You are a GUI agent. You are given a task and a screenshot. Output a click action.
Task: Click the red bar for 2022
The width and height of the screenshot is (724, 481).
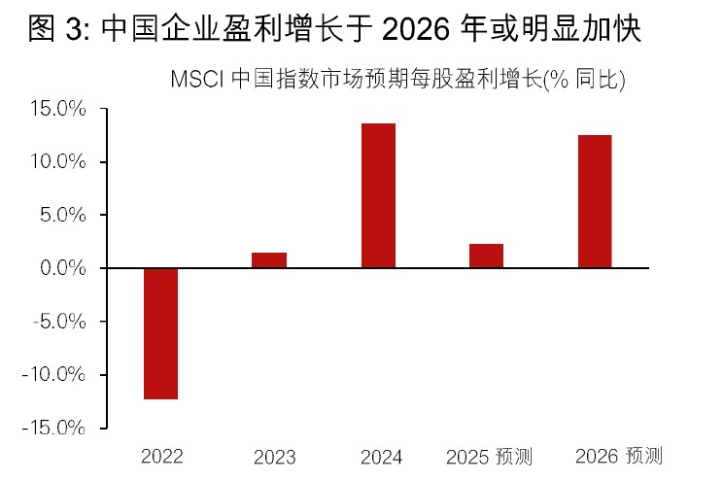[160, 333]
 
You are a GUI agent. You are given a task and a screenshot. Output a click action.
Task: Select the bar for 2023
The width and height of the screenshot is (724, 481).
[269, 259]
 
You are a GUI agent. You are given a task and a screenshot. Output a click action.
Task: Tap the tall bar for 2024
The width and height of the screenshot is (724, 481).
[378, 195]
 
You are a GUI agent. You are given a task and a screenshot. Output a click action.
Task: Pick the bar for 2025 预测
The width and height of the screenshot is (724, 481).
[486, 256]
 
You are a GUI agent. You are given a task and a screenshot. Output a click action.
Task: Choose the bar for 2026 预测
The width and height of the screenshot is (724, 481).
[595, 201]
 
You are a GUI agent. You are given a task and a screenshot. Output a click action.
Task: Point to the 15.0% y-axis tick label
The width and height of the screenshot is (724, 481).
[61, 109]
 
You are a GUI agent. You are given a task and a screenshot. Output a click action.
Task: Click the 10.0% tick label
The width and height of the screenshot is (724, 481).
[61, 161]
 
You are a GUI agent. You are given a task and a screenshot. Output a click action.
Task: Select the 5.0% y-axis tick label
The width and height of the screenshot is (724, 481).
[65, 215]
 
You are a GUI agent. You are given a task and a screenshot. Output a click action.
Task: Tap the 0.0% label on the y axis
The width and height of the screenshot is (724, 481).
[65, 268]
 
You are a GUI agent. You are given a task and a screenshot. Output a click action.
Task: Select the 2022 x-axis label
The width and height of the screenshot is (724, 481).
[161, 457]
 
